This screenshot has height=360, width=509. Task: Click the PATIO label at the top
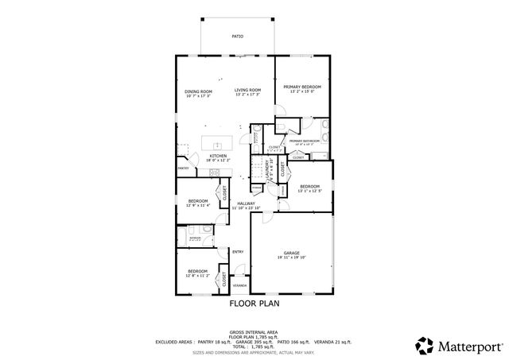coord(237,37)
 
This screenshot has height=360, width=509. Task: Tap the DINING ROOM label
coord(198,91)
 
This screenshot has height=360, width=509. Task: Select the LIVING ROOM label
coord(247,91)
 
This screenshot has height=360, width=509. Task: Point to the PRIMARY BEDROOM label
coord(302,86)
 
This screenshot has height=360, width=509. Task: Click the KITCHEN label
coord(218,156)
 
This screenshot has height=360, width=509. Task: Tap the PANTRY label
coord(183,168)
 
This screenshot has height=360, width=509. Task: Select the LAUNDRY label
coord(267,168)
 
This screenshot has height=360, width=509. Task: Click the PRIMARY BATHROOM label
coord(305,141)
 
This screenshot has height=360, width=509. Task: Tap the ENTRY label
coord(237,253)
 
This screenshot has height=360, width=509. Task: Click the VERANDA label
coord(239,284)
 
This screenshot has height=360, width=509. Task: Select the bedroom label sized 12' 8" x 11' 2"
coord(197,275)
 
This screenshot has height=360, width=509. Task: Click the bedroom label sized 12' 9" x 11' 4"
coord(197,205)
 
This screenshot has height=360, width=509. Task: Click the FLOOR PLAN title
coord(254,303)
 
